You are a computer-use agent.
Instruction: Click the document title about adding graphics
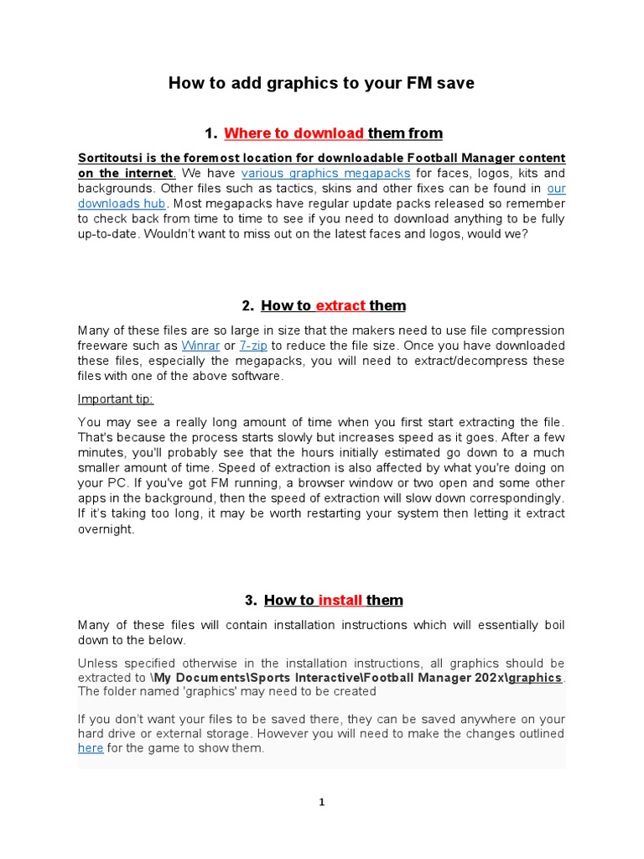pyautogui.click(x=321, y=83)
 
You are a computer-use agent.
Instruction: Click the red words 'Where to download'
pyautogui.click(x=293, y=133)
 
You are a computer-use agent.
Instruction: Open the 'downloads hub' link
pyautogui.click(x=122, y=204)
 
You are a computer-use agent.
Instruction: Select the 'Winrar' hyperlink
pyautogui.click(x=200, y=346)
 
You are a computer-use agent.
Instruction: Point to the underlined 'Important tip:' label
pyautogui.click(x=116, y=398)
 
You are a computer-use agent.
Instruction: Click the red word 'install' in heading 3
pyautogui.click(x=340, y=601)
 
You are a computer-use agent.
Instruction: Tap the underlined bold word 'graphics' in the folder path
pyautogui.click(x=535, y=678)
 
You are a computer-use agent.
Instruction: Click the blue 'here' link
pyautogui.click(x=91, y=748)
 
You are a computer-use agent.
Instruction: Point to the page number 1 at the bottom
pyautogui.click(x=321, y=803)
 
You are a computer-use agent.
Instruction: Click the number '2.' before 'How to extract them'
pyautogui.click(x=247, y=306)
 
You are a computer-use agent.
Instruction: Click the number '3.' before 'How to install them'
pyautogui.click(x=250, y=601)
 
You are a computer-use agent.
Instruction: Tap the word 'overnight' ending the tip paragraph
pyautogui.click(x=106, y=529)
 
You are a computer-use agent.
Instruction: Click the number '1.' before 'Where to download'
pyautogui.click(x=210, y=133)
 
